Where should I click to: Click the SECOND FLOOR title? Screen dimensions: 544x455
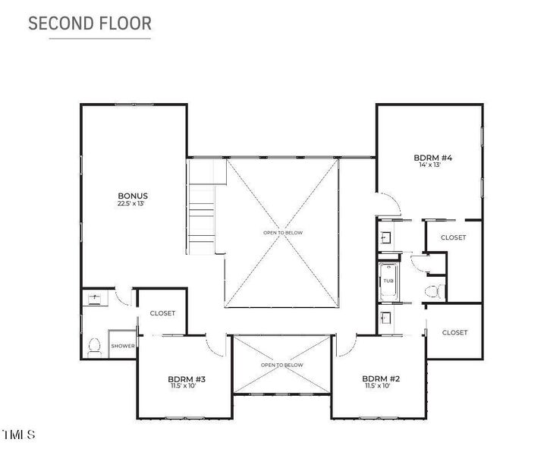(x=90, y=24)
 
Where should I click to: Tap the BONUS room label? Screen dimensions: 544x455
(x=133, y=196)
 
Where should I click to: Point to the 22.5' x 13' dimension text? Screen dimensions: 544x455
(x=130, y=203)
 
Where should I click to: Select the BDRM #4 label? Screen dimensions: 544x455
(x=433, y=158)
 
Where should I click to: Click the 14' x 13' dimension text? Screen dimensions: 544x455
(x=430, y=165)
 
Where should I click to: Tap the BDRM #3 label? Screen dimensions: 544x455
(x=187, y=379)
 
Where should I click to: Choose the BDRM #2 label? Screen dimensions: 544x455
(x=381, y=378)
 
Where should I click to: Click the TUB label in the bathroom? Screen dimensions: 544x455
(x=388, y=281)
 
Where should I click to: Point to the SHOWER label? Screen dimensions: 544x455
(x=123, y=346)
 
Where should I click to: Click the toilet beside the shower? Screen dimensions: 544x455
(x=94, y=347)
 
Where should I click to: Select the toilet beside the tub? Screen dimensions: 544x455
(x=435, y=291)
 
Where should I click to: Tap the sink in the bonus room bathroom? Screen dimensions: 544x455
(x=94, y=298)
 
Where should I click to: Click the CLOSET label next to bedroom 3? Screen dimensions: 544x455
(x=162, y=313)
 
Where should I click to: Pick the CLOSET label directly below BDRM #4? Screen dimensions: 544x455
(x=453, y=237)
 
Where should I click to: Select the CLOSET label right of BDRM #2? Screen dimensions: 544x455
(x=454, y=333)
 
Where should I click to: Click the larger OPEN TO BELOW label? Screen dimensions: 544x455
(x=283, y=233)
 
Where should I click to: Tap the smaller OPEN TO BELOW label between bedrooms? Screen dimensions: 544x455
(x=281, y=365)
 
